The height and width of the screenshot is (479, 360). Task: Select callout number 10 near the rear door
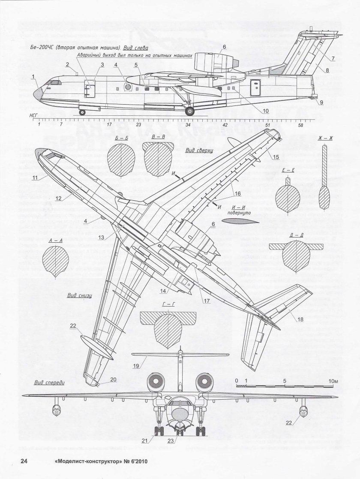pos(266,110)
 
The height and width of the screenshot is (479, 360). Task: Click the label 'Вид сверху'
pos(199,151)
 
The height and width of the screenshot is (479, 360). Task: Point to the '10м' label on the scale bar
pos(333,381)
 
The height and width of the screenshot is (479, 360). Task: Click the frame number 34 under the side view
pos(188,125)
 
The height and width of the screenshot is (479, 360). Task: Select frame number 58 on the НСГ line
pos(301,125)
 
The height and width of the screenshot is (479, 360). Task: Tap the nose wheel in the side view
pos(82,112)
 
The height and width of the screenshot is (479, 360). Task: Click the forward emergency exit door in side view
pos(90,90)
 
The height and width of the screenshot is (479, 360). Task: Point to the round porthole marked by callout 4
pos(128,87)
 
